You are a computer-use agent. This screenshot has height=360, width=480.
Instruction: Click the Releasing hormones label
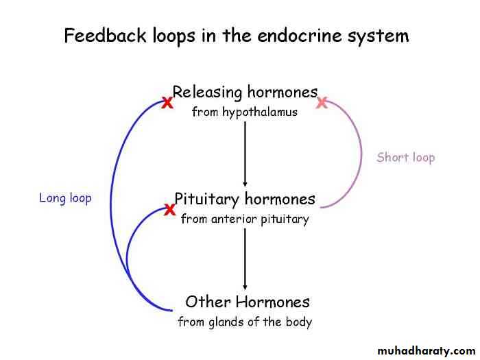click(245, 92)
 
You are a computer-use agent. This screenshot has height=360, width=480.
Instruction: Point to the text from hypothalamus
click(245, 112)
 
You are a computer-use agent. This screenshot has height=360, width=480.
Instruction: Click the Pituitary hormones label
click(245, 200)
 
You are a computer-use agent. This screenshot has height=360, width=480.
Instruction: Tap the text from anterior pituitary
click(245, 219)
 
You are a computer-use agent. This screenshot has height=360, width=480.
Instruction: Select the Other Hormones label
click(248, 302)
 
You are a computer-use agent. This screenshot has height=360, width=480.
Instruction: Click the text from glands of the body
click(245, 322)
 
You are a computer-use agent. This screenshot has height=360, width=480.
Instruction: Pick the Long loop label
click(65, 198)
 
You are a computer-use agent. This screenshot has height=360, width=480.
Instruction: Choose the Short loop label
click(406, 158)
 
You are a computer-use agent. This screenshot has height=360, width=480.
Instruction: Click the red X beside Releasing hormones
click(167, 104)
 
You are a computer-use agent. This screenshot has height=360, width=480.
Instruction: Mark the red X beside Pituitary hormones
click(169, 210)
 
